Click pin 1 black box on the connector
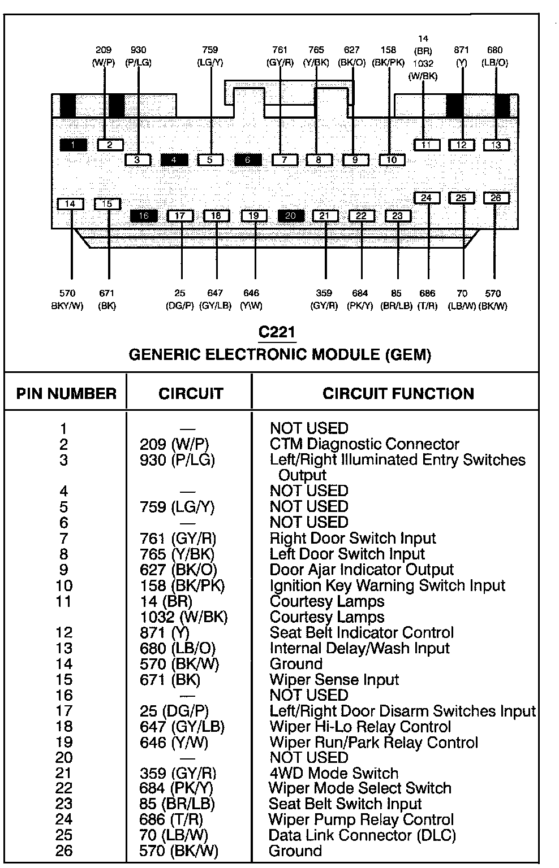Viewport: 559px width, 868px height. click(74, 145)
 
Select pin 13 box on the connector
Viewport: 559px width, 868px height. click(496, 145)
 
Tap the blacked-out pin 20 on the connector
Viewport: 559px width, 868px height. click(291, 216)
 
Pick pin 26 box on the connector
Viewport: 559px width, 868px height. click(496, 198)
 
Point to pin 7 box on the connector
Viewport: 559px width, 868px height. click(285, 160)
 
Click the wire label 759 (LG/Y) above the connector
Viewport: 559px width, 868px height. click(210, 57)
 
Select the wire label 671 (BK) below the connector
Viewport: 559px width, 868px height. click(107, 300)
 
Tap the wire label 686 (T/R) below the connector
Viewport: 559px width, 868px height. click(428, 300)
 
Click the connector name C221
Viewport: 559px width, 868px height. click(277, 332)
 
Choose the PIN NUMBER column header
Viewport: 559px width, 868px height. click(66, 393)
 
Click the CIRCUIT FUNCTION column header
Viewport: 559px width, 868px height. click(398, 393)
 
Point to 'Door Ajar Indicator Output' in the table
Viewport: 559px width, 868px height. click(362, 570)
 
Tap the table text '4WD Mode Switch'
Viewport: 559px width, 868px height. click(334, 773)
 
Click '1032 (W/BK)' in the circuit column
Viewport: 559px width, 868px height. click(184, 617)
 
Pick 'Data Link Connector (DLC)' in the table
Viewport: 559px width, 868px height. click(362, 835)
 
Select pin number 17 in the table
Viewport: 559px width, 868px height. click(64, 711)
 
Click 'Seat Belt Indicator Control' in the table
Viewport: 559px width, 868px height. click(362, 632)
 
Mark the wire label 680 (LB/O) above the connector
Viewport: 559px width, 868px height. click(494, 57)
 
